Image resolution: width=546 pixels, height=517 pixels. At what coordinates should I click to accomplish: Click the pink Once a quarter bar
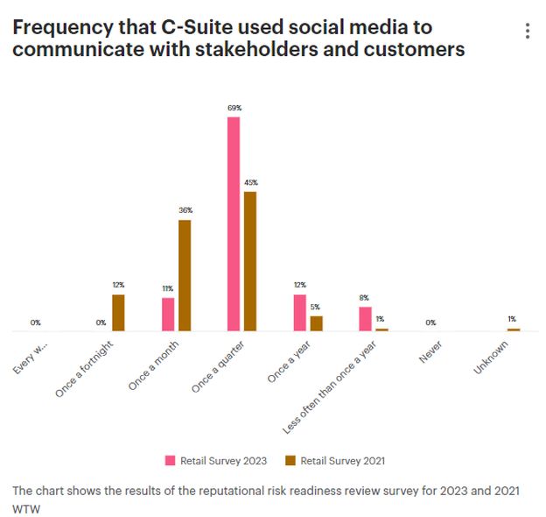(x=234, y=223)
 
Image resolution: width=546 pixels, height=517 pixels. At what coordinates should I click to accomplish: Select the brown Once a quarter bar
(x=250, y=261)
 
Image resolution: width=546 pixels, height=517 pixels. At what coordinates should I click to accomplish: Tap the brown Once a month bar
(x=185, y=275)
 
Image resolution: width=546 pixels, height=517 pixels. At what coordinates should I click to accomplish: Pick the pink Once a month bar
(x=168, y=315)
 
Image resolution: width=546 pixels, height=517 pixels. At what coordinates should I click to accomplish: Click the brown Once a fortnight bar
(x=118, y=313)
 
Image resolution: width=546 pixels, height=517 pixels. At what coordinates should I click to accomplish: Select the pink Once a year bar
(x=299, y=313)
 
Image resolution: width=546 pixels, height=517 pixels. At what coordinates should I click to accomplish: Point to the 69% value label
(x=234, y=108)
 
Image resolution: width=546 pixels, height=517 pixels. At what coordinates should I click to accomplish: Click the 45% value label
(x=250, y=182)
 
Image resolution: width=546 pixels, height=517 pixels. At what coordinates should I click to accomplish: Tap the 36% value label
(x=185, y=210)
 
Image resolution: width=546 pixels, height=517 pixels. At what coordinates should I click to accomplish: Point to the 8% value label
(x=365, y=298)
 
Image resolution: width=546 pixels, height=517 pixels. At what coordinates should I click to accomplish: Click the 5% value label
(x=316, y=307)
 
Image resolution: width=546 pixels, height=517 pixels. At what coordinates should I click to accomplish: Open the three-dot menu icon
(x=527, y=32)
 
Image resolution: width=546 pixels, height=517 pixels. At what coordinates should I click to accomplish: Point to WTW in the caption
(x=27, y=507)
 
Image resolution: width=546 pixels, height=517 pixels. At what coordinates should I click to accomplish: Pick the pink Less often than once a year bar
(x=365, y=319)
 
